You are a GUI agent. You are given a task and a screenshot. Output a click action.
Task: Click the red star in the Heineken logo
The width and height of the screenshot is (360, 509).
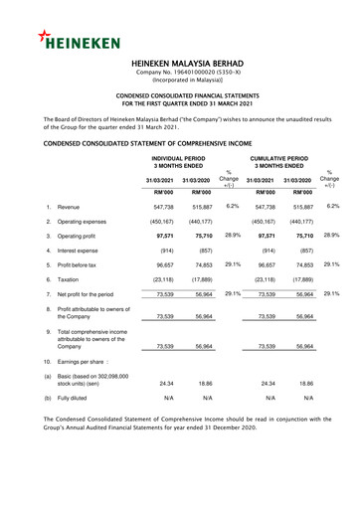tap(46, 35)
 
